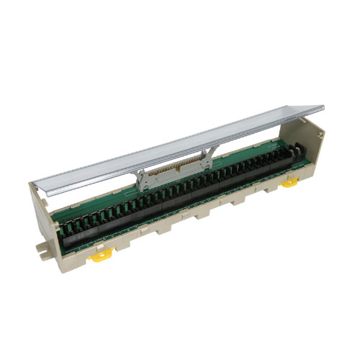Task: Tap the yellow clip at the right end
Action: click(x=289, y=183)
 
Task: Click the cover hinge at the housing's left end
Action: click(x=45, y=194)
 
